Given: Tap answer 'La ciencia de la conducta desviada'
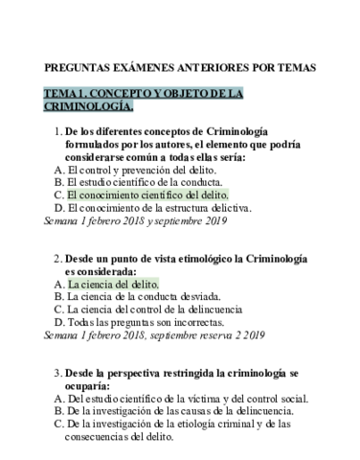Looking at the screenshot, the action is [x=145, y=297].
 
